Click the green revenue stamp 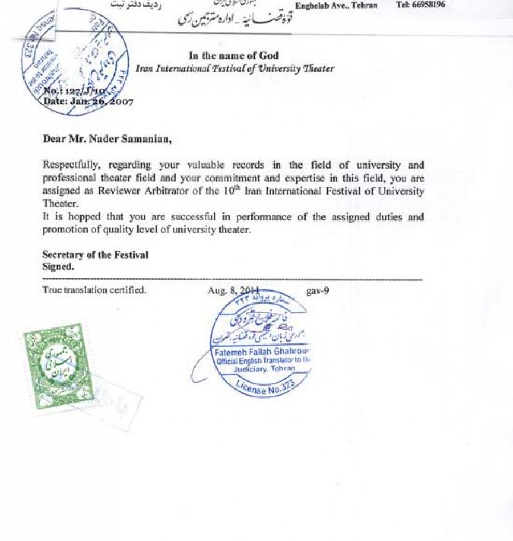[x=50, y=364]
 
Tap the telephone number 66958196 [x=428, y=5]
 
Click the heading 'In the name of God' [x=234, y=55]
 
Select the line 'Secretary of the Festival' [x=95, y=255]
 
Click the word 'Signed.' [x=58, y=266]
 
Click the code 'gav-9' [x=317, y=290]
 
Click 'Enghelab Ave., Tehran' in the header [x=336, y=5]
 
